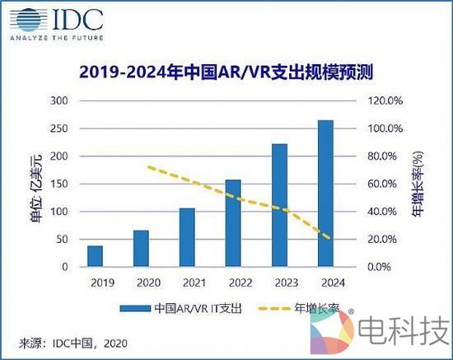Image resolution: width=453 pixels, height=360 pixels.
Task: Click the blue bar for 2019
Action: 96,256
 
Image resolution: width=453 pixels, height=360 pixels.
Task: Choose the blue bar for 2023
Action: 279,205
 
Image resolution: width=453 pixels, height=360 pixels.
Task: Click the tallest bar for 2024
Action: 325,194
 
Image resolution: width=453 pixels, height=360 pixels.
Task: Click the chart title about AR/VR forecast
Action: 226,72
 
